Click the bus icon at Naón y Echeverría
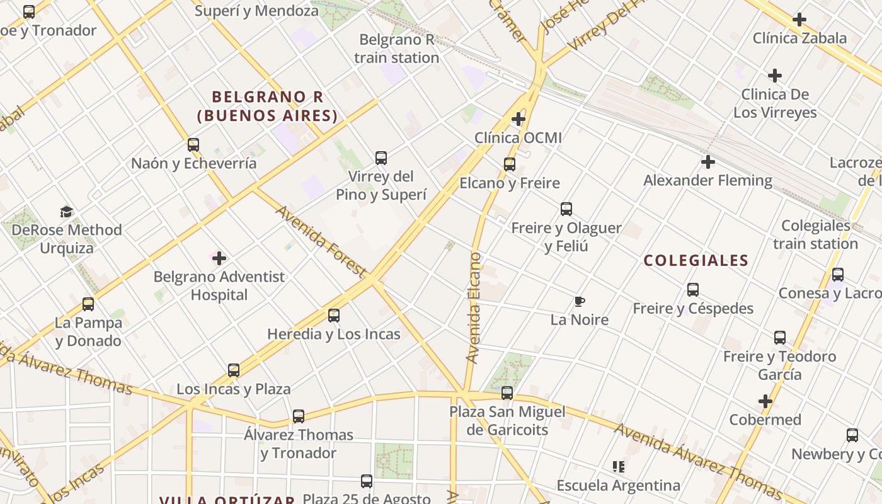pyautogui.click(x=193, y=145)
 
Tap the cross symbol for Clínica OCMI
pyautogui.click(x=518, y=118)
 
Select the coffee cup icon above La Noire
pyautogui.click(x=580, y=302)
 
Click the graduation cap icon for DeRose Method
pyautogui.click(x=67, y=212)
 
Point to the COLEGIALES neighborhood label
pyautogui.click(x=696, y=260)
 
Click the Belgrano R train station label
pyautogui.click(x=396, y=49)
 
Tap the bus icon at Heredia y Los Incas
pyautogui.click(x=334, y=316)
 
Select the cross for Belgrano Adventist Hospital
pyautogui.click(x=219, y=258)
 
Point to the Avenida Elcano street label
pyautogui.click(x=473, y=307)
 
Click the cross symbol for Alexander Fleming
pyautogui.click(x=708, y=162)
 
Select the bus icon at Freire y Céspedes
pyautogui.click(x=693, y=290)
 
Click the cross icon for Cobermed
pyautogui.click(x=765, y=401)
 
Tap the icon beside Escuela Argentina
pyautogui.click(x=619, y=467)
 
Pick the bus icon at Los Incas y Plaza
pyautogui.click(x=234, y=370)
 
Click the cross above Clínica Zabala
pyautogui.click(x=799, y=20)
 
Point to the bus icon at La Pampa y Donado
pyautogui.click(x=88, y=304)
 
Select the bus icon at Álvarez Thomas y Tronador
pyautogui.click(x=299, y=416)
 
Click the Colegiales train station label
pyautogui.click(x=815, y=234)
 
